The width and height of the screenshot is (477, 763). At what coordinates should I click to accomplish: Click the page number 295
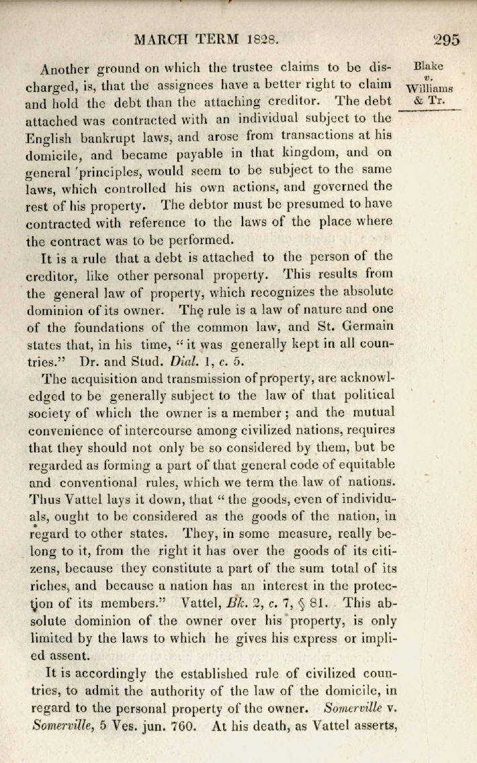tap(447, 40)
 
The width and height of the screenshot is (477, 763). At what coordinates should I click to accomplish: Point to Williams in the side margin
tap(430, 89)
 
